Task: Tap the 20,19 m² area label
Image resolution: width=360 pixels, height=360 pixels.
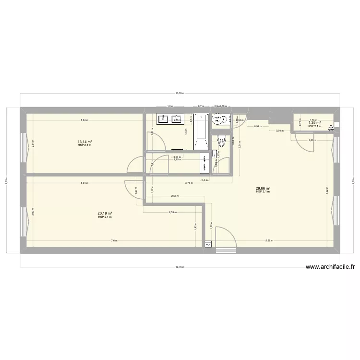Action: coord(105,214)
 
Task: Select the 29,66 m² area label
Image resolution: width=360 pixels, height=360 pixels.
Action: coord(263,189)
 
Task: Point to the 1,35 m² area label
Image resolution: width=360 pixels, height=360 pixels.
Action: coord(314,123)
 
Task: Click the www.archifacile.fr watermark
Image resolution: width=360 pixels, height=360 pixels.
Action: coord(330,268)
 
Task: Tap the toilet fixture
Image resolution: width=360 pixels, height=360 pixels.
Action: coord(221,141)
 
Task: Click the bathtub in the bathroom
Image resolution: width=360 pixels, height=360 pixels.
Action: coord(200,132)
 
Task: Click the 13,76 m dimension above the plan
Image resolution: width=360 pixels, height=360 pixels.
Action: coord(180,94)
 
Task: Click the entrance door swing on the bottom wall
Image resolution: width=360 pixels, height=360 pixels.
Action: coord(226,238)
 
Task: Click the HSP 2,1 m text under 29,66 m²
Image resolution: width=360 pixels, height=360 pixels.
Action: coord(263,192)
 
